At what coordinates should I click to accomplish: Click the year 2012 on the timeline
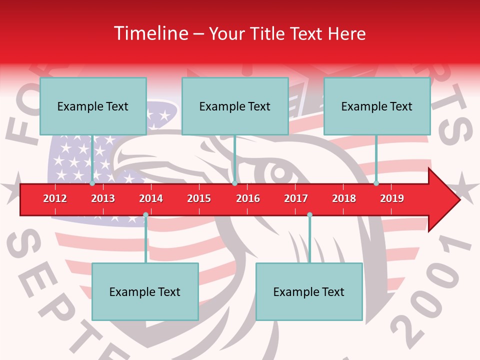55,198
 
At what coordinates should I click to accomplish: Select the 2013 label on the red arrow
103,198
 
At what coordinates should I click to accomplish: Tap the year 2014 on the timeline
151,198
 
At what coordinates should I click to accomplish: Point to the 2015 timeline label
199,198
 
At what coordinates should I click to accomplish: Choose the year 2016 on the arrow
248,198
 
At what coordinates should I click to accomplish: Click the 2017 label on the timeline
296,198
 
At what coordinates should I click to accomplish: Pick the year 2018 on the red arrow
344,198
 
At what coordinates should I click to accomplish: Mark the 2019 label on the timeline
392,198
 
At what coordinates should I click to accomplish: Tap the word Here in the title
346,33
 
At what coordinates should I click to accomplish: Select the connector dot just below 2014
145,215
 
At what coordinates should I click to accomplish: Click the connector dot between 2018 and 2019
376,183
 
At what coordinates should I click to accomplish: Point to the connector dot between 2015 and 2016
234,183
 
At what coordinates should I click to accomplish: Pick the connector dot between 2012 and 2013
92,183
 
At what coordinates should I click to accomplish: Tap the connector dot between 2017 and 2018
309,215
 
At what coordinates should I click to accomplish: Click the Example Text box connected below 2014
145,291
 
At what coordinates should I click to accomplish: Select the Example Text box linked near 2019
377,106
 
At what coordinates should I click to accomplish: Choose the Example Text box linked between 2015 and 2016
235,106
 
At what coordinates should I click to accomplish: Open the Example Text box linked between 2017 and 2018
309,291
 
